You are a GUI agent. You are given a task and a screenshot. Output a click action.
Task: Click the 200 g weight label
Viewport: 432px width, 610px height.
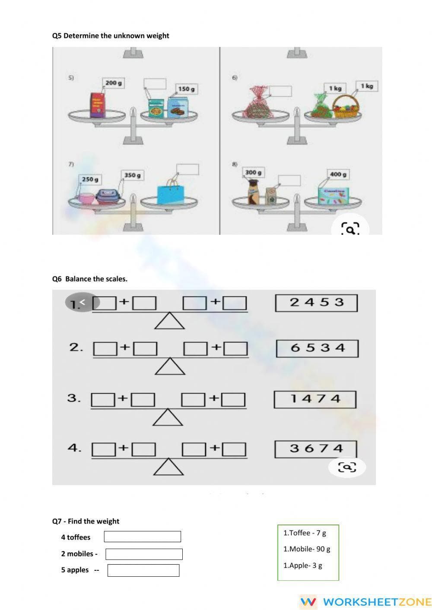coord(113,82)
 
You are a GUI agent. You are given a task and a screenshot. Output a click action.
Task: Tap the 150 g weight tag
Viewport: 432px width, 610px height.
coord(186,89)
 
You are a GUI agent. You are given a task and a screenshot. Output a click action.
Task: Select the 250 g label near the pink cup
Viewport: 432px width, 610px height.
coord(90,179)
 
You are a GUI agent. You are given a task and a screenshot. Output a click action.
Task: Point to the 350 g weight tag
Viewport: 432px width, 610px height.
coord(132,175)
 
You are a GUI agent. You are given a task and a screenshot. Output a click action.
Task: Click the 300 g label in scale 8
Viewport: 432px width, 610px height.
coord(253,173)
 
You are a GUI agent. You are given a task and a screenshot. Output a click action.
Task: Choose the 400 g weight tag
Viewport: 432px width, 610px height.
coord(338,174)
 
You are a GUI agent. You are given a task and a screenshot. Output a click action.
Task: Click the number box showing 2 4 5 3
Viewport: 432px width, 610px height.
coord(316,303)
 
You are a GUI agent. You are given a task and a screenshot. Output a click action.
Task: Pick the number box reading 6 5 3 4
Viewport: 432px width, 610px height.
coord(317,348)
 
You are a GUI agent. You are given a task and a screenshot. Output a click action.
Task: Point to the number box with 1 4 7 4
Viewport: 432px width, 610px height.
coord(315,399)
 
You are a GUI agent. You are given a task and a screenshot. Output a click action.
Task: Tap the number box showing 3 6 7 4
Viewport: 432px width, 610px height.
coord(316,449)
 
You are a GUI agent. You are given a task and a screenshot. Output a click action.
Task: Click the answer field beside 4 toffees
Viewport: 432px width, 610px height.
coord(142,537)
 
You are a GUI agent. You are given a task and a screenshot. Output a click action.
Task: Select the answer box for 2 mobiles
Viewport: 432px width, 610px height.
coord(144,554)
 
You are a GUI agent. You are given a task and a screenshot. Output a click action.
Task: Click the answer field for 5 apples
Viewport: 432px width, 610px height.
coord(143,570)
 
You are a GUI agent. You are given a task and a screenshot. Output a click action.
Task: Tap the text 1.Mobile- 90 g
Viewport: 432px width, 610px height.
coord(307,549)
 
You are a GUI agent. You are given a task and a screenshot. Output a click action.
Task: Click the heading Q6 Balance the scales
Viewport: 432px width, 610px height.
coord(90,279)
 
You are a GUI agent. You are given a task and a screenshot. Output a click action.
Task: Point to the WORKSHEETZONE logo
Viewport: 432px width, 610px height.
coord(365,602)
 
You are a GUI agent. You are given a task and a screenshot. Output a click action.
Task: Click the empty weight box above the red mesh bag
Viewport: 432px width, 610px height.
coord(280,92)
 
